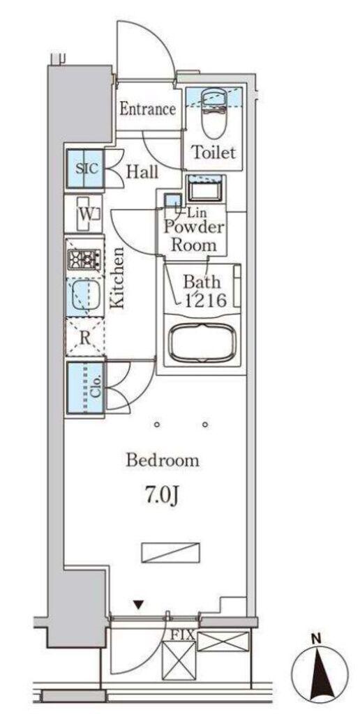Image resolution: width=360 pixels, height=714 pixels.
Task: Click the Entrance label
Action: tap(148, 109)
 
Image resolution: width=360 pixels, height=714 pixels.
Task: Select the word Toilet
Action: tap(213, 152)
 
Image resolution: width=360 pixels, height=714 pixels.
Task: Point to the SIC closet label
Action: tap(87, 169)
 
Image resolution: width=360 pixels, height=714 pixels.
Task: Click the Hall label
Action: tap(142, 172)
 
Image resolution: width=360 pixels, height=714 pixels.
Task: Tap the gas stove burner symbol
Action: tap(84, 260)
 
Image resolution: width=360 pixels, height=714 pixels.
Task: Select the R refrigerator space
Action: tap(84, 337)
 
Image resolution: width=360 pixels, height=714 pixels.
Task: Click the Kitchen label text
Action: tap(118, 278)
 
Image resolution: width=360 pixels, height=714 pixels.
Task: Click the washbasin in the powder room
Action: tap(204, 189)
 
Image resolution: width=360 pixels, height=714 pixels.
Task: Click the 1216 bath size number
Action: tap(204, 300)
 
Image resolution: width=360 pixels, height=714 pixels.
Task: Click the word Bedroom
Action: tap(163, 460)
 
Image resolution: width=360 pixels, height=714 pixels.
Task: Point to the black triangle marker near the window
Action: tap(139, 605)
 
